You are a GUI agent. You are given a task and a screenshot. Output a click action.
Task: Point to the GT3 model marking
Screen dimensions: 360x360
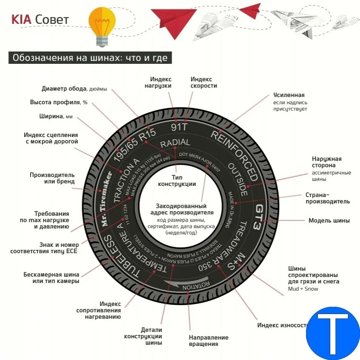click(259, 217)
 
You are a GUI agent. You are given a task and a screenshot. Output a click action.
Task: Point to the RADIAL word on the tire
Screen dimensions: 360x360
click(175, 143)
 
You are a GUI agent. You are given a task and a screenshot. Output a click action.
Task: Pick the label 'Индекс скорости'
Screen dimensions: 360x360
click(204, 82)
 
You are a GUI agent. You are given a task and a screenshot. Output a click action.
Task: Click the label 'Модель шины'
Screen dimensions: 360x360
click(329, 220)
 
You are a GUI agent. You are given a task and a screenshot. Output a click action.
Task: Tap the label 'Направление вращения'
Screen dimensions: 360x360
click(208, 340)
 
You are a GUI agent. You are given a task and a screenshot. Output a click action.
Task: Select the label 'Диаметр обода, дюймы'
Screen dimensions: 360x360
click(74, 89)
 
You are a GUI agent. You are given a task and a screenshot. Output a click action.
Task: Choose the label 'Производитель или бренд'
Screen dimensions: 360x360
click(52, 178)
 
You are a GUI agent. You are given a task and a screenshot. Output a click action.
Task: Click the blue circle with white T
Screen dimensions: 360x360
click(333, 333)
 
